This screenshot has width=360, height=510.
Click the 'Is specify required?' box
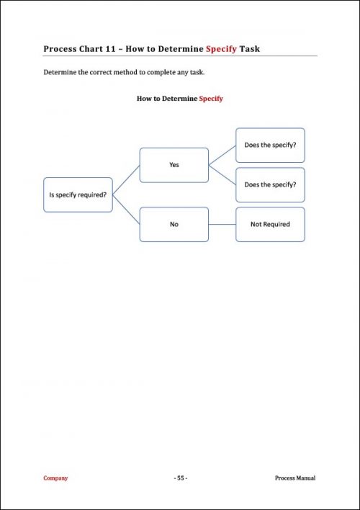click(78, 194)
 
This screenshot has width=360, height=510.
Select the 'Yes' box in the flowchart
click(174, 165)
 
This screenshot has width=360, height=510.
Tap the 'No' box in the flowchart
click(174, 224)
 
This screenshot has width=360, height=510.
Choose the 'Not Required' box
click(270, 224)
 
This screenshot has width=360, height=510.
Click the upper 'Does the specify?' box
click(270, 145)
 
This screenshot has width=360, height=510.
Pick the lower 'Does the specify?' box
click(270, 184)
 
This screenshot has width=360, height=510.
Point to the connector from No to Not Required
click(222, 224)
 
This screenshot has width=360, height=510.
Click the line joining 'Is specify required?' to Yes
click(126, 179)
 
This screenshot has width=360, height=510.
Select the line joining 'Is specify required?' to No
click(126, 210)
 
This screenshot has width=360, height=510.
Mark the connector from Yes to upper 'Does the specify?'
click(222, 155)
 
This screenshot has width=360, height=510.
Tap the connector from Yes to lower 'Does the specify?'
click(222, 174)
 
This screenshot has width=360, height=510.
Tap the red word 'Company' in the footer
click(55, 478)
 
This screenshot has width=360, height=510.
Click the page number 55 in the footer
click(180, 478)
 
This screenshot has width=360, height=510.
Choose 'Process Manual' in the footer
click(295, 478)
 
